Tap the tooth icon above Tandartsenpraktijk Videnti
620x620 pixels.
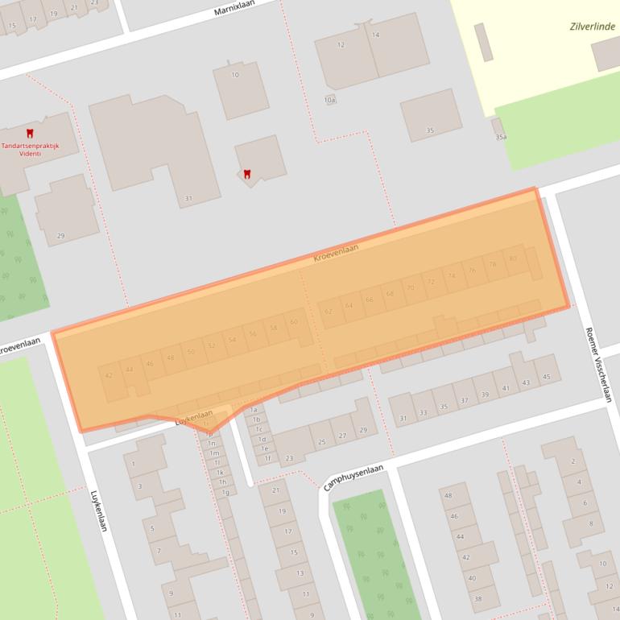tap(30, 133)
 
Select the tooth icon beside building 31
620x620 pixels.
tap(247, 173)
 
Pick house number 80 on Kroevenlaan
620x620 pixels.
tap(513, 258)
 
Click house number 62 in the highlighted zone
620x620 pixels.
tap(328, 311)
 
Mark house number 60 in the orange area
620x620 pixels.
tap(294, 322)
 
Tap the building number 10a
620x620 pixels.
tap(329, 100)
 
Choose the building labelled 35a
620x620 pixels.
tap(501, 138)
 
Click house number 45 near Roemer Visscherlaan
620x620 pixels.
tap(548, 378)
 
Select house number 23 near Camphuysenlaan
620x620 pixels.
tap(289, 458)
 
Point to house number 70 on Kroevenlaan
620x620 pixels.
tap(411, 287)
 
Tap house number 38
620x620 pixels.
tap(477, 598)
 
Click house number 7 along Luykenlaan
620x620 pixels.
tap(158, 552)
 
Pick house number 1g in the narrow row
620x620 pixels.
tap(225, 492)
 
